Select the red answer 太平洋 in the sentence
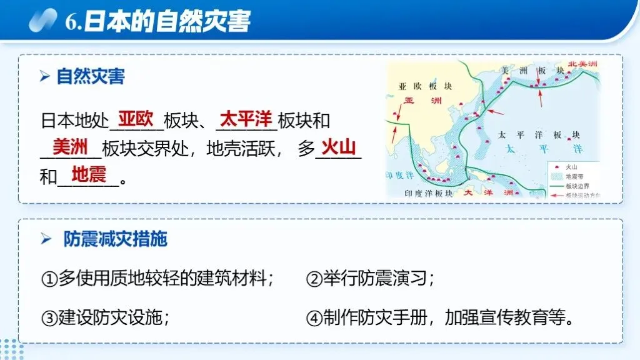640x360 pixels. tap(246, 118)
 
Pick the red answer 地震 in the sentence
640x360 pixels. tap(88, 174)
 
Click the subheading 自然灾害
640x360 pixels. tap(91, 77)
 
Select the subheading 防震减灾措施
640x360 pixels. tap(115, 239)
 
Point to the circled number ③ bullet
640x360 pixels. tap(49, 318)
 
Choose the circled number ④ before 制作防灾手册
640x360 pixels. tap(314, 318)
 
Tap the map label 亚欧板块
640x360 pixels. tap(425, 87)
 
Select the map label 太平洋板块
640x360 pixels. tap(539, 135)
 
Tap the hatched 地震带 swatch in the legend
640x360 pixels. tap(554, 177)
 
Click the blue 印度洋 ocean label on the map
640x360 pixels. tap(399, 173)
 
